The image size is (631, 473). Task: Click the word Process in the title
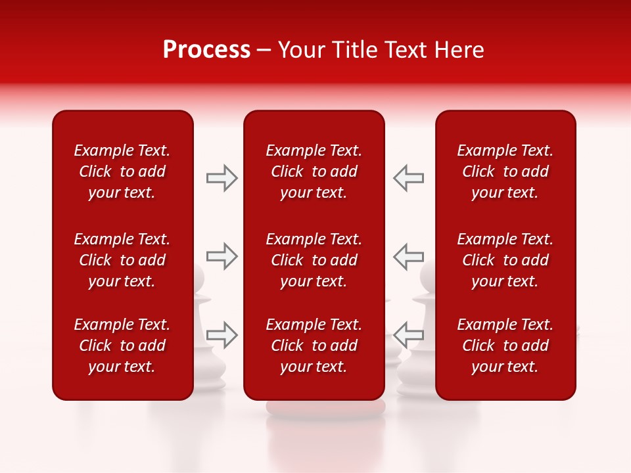click(206, 50)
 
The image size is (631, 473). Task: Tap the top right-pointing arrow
click(222, 178)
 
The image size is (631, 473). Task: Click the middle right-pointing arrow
click(222, 256)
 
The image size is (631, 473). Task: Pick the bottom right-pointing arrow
click(222, 334)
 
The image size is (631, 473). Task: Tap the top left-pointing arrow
click(408, 178)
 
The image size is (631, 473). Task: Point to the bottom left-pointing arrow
click(408, 334)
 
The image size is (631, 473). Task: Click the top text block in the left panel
click(122, 171)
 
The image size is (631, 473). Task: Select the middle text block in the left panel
click(122, 260)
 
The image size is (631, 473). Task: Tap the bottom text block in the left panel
click(122, 346)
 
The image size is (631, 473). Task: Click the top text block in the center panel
click(314, 171)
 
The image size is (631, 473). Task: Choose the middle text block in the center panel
click(314, 260)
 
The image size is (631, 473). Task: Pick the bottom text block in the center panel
click(314, 346)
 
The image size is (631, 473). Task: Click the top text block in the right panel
click(505, 171)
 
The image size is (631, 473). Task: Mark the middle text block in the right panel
click(505, 260)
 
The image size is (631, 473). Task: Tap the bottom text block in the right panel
click(505, 346)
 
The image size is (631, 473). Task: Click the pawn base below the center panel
click(325, 409)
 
